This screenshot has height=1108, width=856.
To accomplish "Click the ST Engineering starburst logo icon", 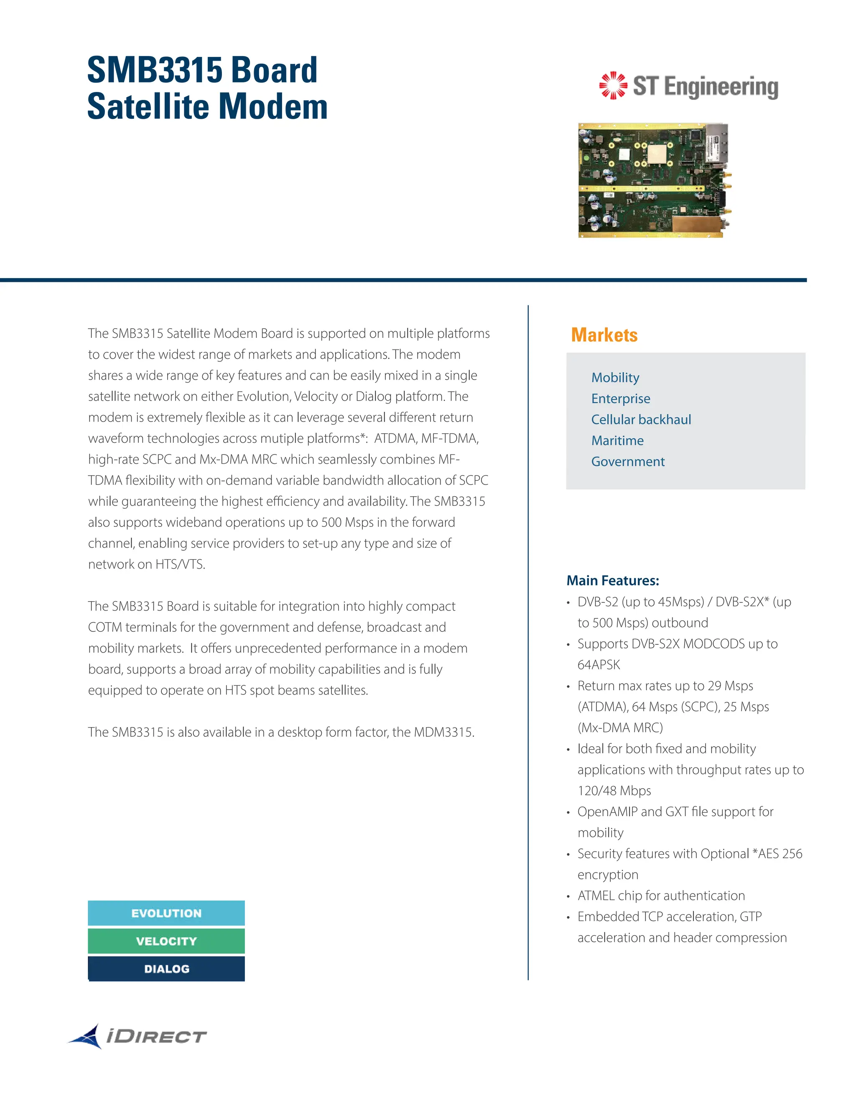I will pyautogui.click(x=613, y=85).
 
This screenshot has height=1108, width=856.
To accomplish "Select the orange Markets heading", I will pyautogui.click(x=604, y=335).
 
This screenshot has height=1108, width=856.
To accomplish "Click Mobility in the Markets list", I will pyautogui.click(x=615, y=378).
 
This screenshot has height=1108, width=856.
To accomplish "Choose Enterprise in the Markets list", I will pyautogui.click(x=621, y=399).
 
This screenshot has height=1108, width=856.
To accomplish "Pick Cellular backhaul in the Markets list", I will pyautogui.click(x=641, y=419).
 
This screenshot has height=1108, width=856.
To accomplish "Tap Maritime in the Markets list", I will pyautogui.click(x=617, y=440).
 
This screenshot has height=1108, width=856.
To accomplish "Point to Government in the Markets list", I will pyautogui.click(x=628, y=462).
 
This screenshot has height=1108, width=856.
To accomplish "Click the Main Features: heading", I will pyautogui.click(x=613, y=580).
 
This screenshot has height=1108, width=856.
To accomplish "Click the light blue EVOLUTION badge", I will pyautogui.click(x=166, y=913).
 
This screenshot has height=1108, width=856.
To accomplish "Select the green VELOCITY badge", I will pyautogui.click(x=166, y=941).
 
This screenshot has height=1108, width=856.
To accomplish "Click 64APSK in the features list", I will pyautogui.click(x=599, y=665).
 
